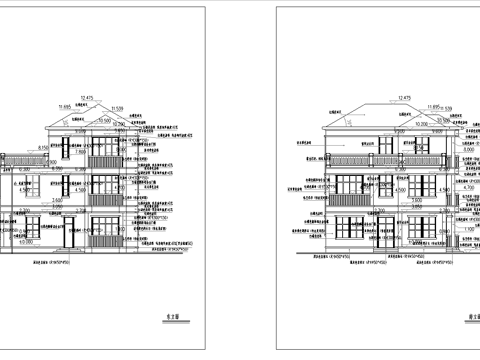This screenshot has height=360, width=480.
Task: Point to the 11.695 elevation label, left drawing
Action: point(66,106)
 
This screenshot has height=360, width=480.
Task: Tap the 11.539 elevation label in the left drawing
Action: point(117,107)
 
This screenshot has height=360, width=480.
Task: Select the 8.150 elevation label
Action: point(44,148)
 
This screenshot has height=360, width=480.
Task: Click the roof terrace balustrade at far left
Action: point(21,157)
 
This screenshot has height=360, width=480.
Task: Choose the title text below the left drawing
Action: point(170,321)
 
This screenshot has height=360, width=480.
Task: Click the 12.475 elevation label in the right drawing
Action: point(404,98)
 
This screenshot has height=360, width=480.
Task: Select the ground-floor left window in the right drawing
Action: point(345,229)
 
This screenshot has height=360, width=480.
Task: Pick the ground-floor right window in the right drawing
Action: point(435,229)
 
